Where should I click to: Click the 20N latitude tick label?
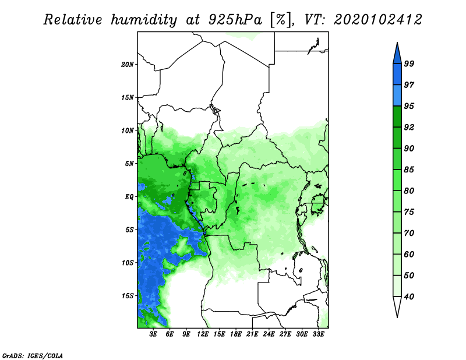click(128, 64)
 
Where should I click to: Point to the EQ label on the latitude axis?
click(130, 196)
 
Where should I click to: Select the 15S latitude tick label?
click(128, 295)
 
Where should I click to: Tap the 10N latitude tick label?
click(128, 130)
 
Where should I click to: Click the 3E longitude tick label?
click(154, 335)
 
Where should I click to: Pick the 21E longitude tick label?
click(253, 335)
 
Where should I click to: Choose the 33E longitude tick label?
click(318, 335)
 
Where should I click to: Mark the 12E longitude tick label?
click(203, 335)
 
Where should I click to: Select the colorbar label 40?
click(409, 297)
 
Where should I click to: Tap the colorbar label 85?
click(409, 170)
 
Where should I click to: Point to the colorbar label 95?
click(409, 107)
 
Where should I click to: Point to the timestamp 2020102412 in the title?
click(378, 20)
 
